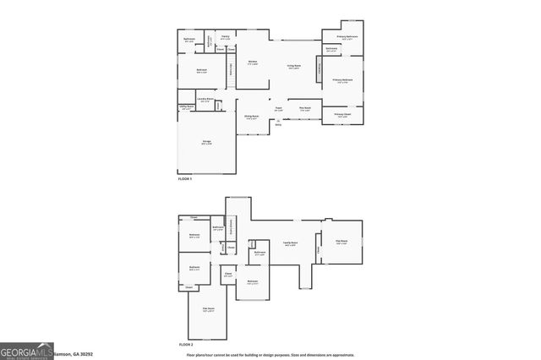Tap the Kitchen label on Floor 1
click(x=253, y=63)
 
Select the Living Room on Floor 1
click(x=292, y=69)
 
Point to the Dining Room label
click(x=251, y=117)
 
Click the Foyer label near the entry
click(x=278, y=108)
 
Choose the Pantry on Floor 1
click(x=226, y=36)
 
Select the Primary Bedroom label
click(x=343, y=81)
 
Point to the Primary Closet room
click(x=342, y=115)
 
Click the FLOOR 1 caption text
click(x=184, y=179)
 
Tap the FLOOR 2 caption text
click(x=185, y=345)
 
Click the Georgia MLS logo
click(x=26, y=351)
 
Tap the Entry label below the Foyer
click(x=279, y=124)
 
